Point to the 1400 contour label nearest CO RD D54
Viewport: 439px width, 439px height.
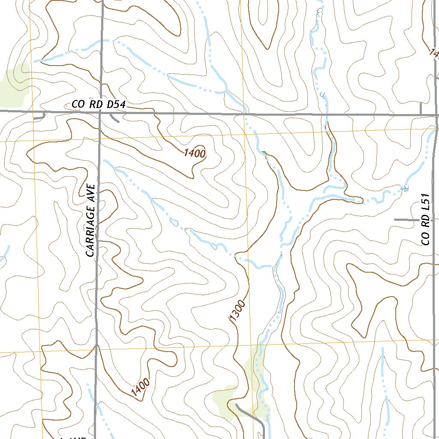[x=195, y=153]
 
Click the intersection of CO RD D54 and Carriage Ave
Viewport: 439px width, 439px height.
[x=100, y=111]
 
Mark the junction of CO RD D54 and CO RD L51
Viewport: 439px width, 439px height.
[x=436, y=115]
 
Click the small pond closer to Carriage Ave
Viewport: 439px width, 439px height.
[x=174, y=222]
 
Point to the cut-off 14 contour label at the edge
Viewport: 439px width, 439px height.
[x=434, y=53]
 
